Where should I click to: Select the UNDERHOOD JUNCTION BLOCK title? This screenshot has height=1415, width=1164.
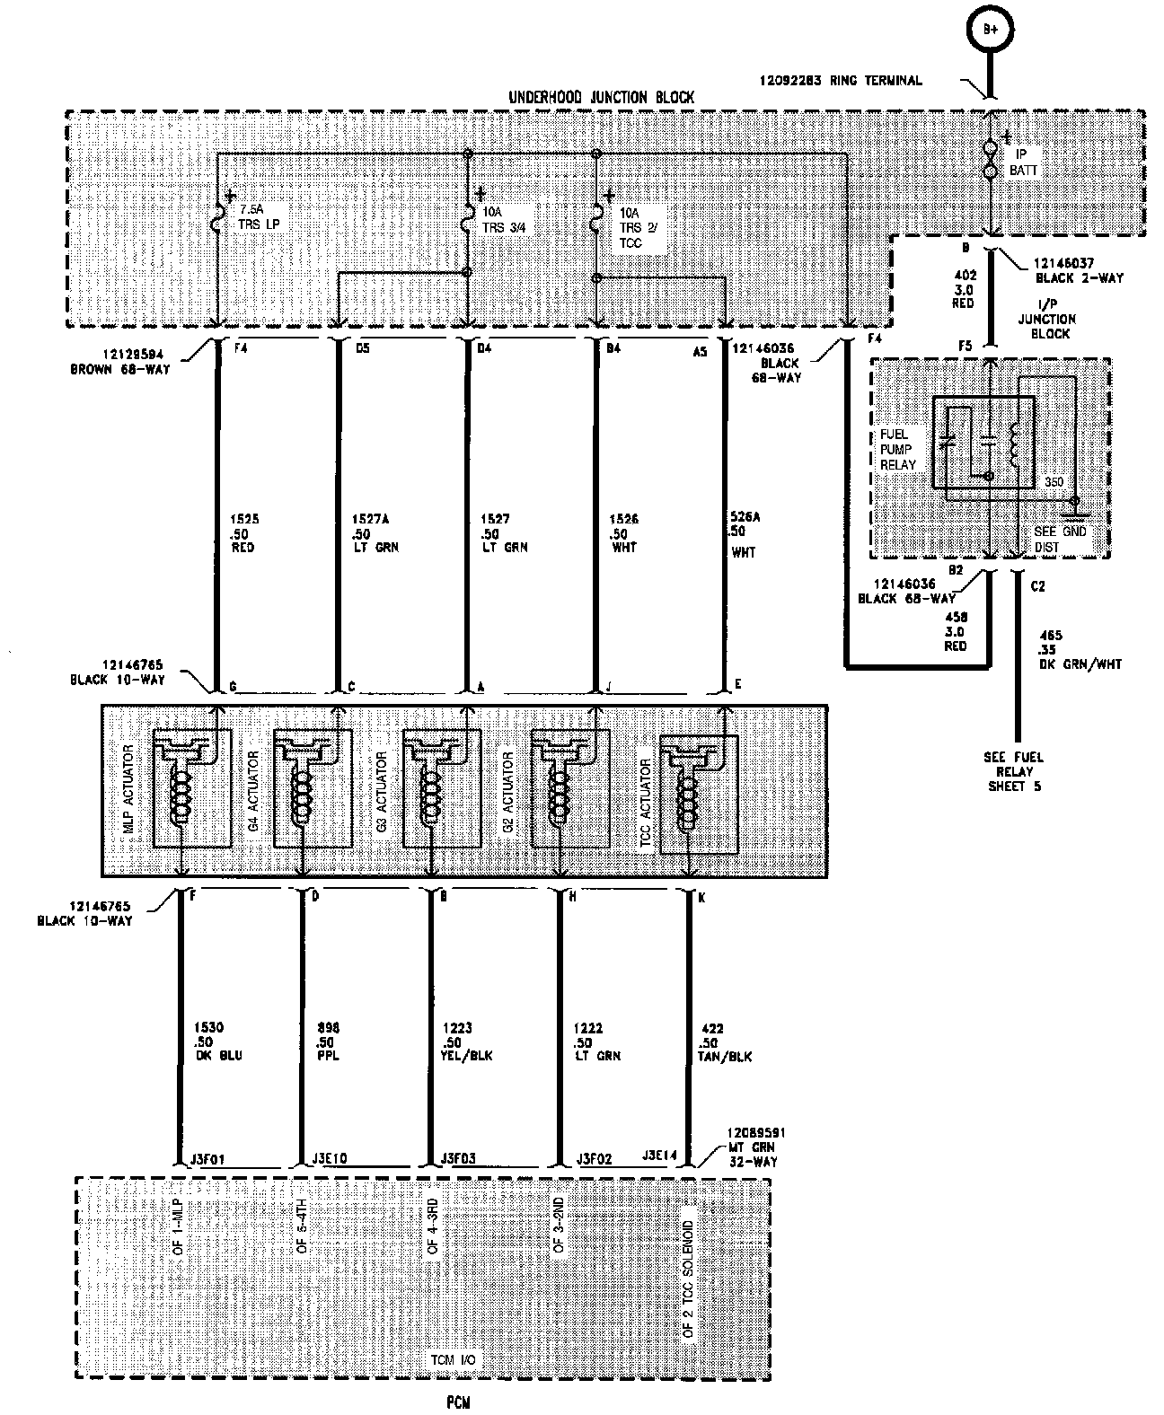pyautogui.click(x=601, y=97)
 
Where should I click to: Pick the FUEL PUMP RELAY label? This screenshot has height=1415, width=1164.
pyautogui.click(x=898, y=449)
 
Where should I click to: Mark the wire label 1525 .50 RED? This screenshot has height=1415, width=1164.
pyautogui.click(x=242, y=532)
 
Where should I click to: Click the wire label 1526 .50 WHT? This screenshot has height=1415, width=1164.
pyautogui.click(x=623, y=532)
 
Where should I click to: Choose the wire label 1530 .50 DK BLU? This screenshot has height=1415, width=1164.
pyautogui.click(x=217, y=1041)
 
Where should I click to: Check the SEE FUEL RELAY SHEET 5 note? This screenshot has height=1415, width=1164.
pyautogui.click(x=1013, y=771)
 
